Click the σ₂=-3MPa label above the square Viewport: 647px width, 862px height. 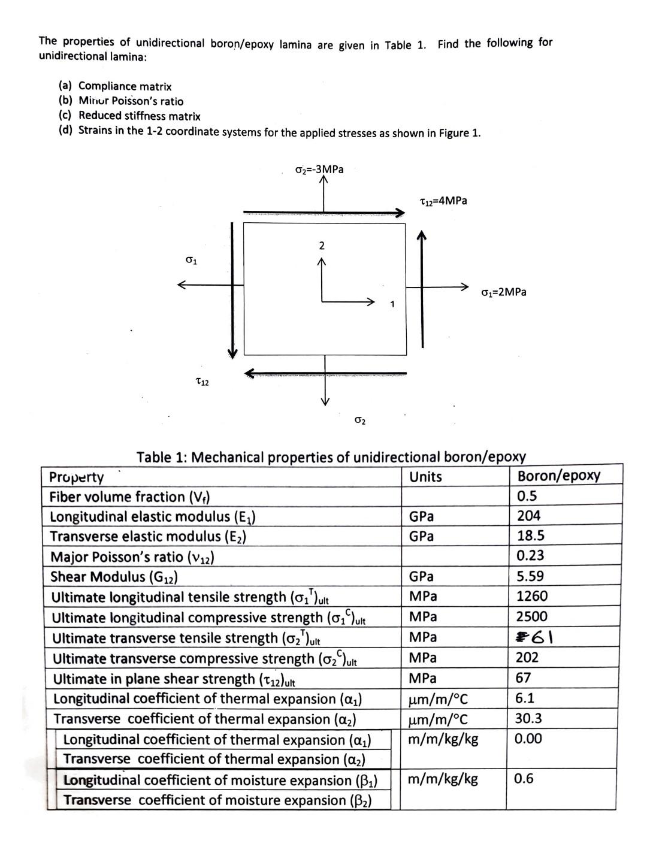[319, 169]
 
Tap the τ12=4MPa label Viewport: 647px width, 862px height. [443, 201]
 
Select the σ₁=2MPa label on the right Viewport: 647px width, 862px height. [504, 292]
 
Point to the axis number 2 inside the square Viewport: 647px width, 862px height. [322, 245]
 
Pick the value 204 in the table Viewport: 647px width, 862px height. [528, 515]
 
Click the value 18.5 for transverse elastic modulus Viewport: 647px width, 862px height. [531, 536]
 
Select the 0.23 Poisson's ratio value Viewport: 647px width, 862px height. [530, 555]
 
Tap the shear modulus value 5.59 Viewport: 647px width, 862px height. [530, 576]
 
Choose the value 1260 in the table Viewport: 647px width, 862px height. [532, 596]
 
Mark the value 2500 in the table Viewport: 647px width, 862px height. [532, 616]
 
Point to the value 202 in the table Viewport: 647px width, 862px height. [527, 657]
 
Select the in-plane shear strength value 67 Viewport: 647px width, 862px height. [524, 677]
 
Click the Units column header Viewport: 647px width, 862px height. [425, 477]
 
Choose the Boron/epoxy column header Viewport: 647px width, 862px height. [558, 476]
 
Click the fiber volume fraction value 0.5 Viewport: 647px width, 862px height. [527, 495]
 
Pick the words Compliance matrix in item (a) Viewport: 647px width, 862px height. [125, 86]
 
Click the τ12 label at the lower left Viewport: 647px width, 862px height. [202, 382]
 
